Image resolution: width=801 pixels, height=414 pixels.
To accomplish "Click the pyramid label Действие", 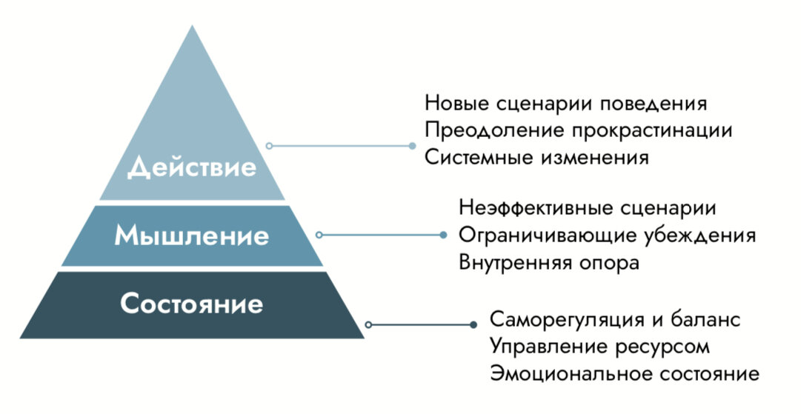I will tap(192, 167).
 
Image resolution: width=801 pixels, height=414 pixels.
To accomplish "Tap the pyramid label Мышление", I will tap(192, 236).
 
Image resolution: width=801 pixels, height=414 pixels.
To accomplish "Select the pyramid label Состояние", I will tap(192, 304).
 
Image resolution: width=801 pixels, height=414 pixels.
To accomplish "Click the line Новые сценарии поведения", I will tap(566, 103).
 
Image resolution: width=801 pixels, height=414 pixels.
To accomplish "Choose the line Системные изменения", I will tap(537, 158).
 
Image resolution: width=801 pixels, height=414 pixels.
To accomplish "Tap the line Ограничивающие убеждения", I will tap(608, 236).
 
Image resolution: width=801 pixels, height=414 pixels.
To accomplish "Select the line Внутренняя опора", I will tap(549, 263).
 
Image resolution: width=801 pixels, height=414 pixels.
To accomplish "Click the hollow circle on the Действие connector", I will tap(270, 146).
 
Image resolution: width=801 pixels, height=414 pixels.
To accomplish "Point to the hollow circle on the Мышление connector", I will tap(319, 235).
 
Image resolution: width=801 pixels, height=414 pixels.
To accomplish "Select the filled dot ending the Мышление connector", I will tap(443, 235).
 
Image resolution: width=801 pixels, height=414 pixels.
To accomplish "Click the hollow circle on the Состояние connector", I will tap(368, 324).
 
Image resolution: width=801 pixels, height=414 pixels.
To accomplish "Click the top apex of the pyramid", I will tap(193, 27).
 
